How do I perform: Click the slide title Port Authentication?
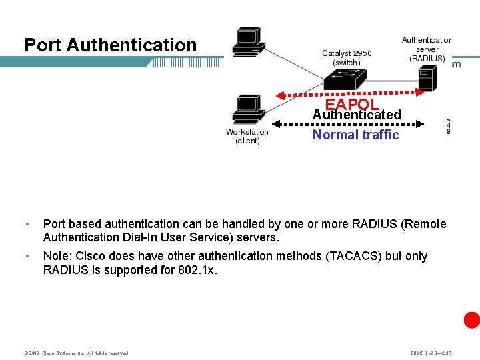pos(111,45)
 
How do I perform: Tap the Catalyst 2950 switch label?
pos(347,58)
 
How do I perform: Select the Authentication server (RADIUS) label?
pos(427,49)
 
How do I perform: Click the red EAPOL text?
pos(352,105)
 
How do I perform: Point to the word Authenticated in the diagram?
pos(357,115)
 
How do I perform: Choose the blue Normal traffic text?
pos(355,135)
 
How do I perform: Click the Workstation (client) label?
pos(247,136)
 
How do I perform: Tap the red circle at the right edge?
pos(472,320)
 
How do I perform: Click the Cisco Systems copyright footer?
pos(76,353)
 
